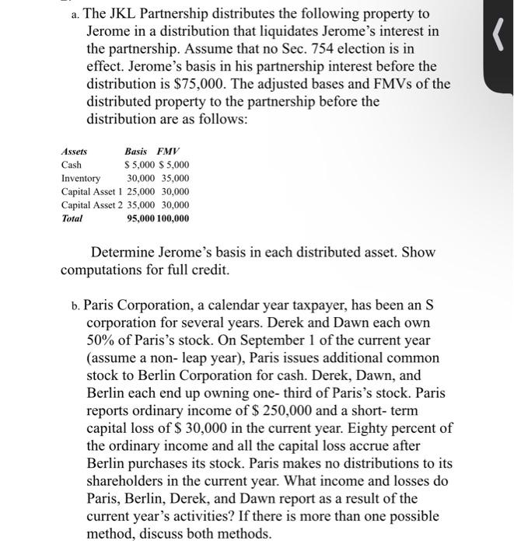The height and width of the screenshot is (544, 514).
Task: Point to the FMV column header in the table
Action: click(167, 152)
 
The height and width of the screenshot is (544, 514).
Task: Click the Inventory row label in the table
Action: click(80, 178)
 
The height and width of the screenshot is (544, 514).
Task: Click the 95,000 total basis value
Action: click(140, 218)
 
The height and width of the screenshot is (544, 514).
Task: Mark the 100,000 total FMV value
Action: click(173, 218)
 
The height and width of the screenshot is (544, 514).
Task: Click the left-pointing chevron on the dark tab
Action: click(489, 37)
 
